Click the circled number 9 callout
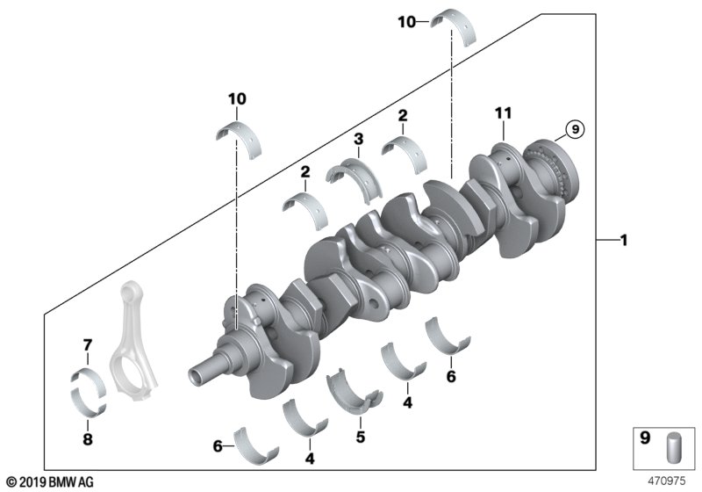(x=575, y=129)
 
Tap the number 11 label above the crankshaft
(x=503, y=113)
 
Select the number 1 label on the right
(x=624, y=241)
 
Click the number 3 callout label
(x=358, y=140)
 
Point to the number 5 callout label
(x=361, y=437)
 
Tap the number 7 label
(x=88, y=345)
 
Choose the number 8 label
(x=88, y=439)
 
